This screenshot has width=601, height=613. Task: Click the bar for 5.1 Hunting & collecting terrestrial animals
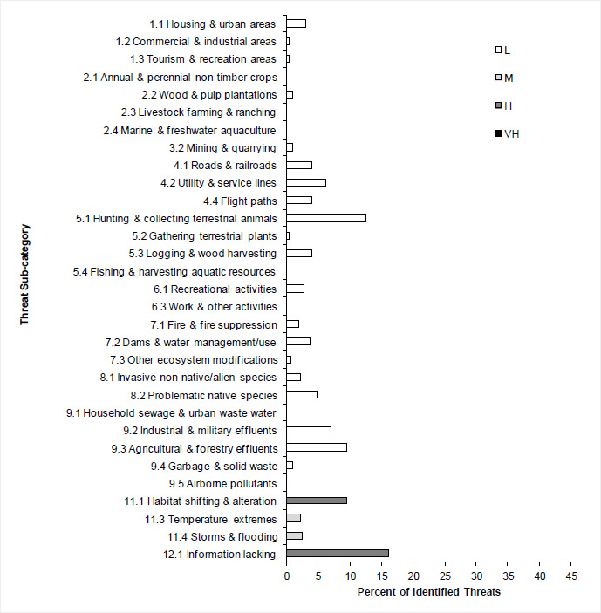click(x=326, y=218)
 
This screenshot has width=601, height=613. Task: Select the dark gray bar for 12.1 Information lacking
click(x=338, y=554)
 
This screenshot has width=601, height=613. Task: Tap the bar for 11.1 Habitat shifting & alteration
click(x=317, y=501)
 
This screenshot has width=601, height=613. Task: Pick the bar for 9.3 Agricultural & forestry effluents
click(x=317, y=447)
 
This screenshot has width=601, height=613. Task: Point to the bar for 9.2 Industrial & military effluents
click(x=309, y=430)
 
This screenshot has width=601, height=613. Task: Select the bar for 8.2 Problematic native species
click(x=302, y=394)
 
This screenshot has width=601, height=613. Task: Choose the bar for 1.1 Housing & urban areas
click(x=297, y=24)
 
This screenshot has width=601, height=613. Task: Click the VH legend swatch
click(x=498, y=133)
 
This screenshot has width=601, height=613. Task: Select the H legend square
click(x=498, y=106)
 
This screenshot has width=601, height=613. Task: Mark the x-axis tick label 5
click(x=318, y=577)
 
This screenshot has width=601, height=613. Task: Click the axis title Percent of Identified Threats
click(x=428, y=594)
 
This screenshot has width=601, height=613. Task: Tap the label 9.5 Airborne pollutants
click(x=222, y=483)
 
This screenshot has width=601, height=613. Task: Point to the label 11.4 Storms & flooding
click(x=222, y=536)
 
